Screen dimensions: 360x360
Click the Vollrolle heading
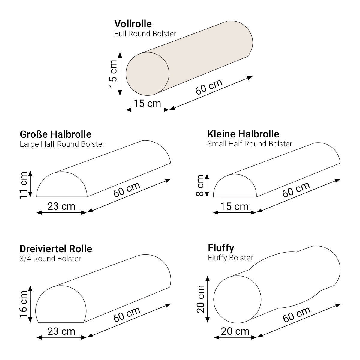(133, 24)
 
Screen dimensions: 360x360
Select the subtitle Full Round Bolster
(145, 34)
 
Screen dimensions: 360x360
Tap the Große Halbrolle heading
(56, 134)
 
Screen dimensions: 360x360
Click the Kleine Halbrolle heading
(243, 134)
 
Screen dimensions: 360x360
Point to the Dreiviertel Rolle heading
(56, 249)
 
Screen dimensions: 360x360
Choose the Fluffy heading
(221, 248)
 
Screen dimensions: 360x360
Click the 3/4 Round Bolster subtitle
(50, 259)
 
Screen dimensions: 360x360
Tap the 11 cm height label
(24, 185)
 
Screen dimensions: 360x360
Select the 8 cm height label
(200, 185)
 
